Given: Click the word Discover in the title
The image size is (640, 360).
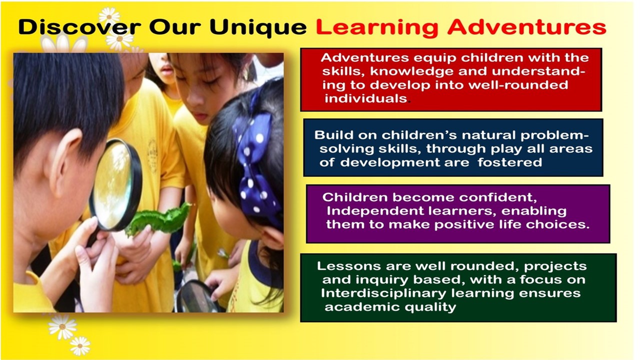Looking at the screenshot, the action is pyautogui.click(x=79, y=27).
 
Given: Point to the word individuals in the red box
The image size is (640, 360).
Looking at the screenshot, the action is pyautogui.click(x=365, y=98).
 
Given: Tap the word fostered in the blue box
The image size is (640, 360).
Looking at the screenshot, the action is pyautogui.click(x=509, y=162).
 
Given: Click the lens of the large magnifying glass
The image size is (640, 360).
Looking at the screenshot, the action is pyautogui.click(x=113, y=185).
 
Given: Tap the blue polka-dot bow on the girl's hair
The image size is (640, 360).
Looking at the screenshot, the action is pyautogui.click(x=254, y=165).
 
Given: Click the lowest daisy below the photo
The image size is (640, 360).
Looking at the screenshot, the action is pyautogui.click(x=80, y=346).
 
